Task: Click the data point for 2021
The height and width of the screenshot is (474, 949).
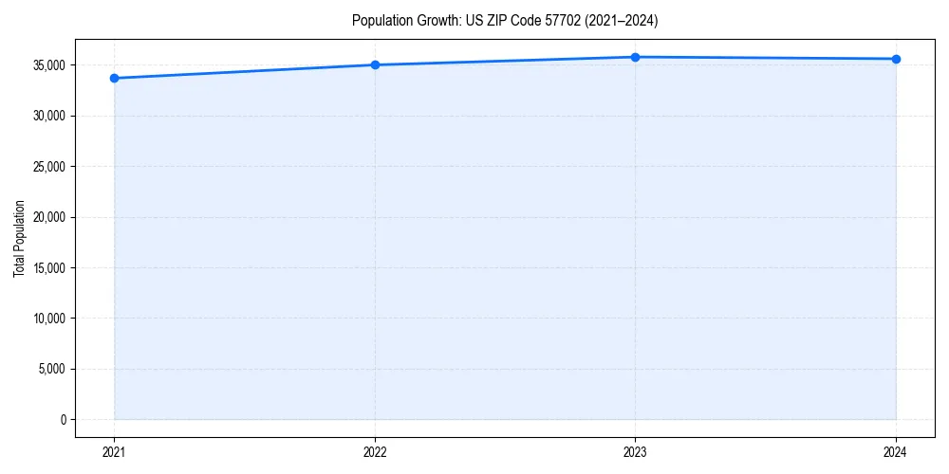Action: tap(114, 78)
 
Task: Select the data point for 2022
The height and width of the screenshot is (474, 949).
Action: tap(375, 64)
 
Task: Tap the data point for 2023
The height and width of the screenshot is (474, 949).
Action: tap(635, 57)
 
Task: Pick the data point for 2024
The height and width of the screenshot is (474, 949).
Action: tap(896, 59)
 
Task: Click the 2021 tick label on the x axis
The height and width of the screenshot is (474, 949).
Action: tap(114, 451)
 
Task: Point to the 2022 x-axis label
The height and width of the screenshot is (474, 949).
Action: tap(375, 451)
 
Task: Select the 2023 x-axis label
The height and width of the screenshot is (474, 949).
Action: tap(635, 451)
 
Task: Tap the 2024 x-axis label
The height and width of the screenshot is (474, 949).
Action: tap(896, 451)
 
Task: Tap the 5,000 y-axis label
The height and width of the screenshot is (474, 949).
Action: tap(53, 369)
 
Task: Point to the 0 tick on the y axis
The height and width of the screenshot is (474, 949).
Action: tap(64, 419)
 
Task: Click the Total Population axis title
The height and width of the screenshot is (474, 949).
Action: tap(20, 238)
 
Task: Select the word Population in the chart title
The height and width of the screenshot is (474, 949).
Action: tap(378, 20)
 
